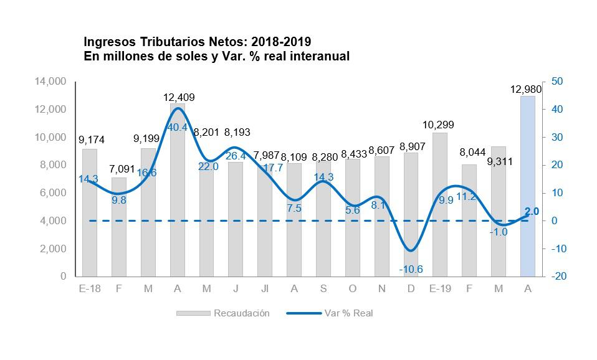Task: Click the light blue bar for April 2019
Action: click(x=528, y=187)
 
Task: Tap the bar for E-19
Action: click(x=440, y=206)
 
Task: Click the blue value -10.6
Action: click(x=410, y=269)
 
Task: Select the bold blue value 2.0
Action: click(x=532, y=212)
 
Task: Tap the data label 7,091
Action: click(x=119, y=169)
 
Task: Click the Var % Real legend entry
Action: click(x=348, y=313)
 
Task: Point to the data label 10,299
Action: click(x=440, y=125)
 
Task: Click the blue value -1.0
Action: click(x=499, y=232)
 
